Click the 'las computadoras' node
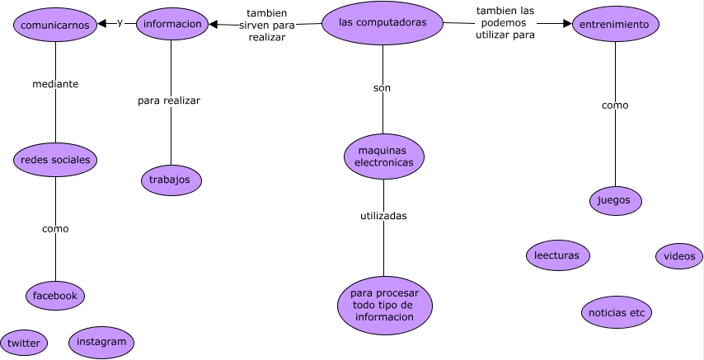point(383,23)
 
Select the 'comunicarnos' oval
point(55,25)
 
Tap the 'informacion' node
point(171,25)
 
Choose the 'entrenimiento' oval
point(614,25)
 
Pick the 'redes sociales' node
point(55,160)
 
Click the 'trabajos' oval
point(171,179)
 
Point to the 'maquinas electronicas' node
point(383,157)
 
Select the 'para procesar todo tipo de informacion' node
point(384,306)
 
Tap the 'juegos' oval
point(616,199)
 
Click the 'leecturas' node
point(558,255)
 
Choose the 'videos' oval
point(679,256)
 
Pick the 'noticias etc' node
point(616,313)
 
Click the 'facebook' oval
point(55,295)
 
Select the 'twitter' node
point(24,343)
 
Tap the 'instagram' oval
point(101,342)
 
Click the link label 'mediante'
point(55,84)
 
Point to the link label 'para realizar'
point(169,101)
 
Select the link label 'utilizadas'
point(383,216)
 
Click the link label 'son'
point(382,87)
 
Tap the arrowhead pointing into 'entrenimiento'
point(566,25)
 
